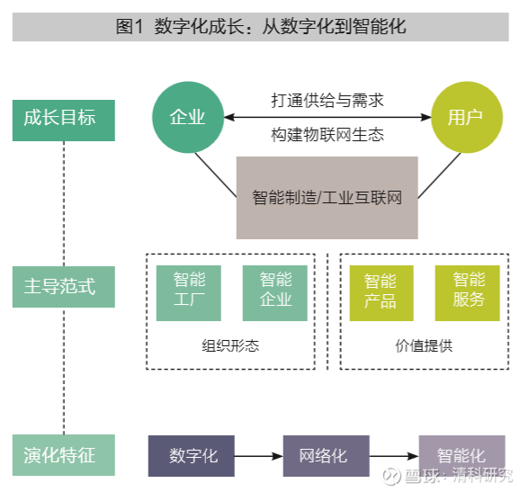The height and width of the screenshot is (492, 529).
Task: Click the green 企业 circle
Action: pos(188,117)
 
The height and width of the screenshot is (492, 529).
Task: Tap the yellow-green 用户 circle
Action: pos(467,117)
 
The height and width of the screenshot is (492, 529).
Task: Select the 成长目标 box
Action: pos(64,121)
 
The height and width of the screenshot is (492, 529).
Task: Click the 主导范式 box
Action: pos(64,287)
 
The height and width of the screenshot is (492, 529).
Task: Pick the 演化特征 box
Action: pos(64,455)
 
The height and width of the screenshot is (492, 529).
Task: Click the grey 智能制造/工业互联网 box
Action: pos(327,198)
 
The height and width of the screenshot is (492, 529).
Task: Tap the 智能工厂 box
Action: pos(189,293)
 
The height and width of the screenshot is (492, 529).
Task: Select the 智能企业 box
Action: pos(275,293)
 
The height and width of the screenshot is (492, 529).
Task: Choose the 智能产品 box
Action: pos(381,293)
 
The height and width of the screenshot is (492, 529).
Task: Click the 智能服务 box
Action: pos(468,293)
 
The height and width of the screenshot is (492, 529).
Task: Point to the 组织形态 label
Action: pos(230,346)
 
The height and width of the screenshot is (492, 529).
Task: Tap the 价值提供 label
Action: pos(424,346)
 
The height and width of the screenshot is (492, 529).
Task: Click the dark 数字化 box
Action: pos(192,456)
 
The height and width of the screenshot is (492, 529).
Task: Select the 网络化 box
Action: pos(327,456)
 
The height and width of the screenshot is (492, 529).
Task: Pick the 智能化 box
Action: pos(462,456)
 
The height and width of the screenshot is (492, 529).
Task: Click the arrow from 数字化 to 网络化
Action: pos(259,456)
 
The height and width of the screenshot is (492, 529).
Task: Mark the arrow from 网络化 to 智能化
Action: pos(394,456)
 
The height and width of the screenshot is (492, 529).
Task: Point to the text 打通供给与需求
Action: pos(327,101)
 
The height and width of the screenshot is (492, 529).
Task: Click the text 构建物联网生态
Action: pos(327,135)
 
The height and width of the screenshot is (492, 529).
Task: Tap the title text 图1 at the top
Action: pos(130,26)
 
